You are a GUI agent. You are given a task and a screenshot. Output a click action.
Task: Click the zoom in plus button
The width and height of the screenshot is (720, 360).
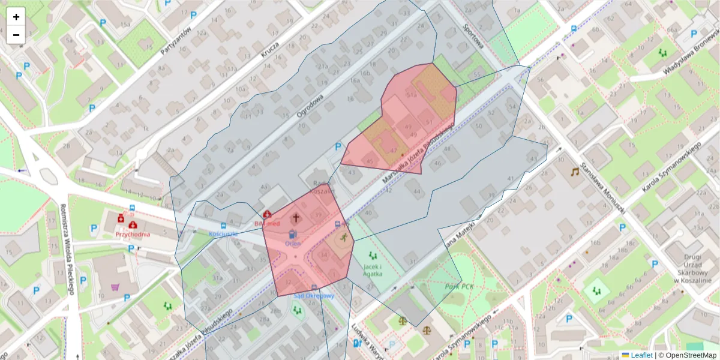click(x=16, y=17)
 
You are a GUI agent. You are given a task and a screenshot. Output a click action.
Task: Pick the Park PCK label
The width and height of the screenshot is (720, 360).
click(x=460, y=287)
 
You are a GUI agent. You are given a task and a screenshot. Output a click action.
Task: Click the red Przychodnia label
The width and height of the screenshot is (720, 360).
click(x=133, y=236)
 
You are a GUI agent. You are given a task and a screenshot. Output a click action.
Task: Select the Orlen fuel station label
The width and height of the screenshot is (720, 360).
click(x=293, y=244)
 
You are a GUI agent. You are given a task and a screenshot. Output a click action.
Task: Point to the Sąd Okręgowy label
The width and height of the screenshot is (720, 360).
click(x=313, y=296)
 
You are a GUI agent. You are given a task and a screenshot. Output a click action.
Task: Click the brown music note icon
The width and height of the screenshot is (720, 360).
click(x=575, y=172)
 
